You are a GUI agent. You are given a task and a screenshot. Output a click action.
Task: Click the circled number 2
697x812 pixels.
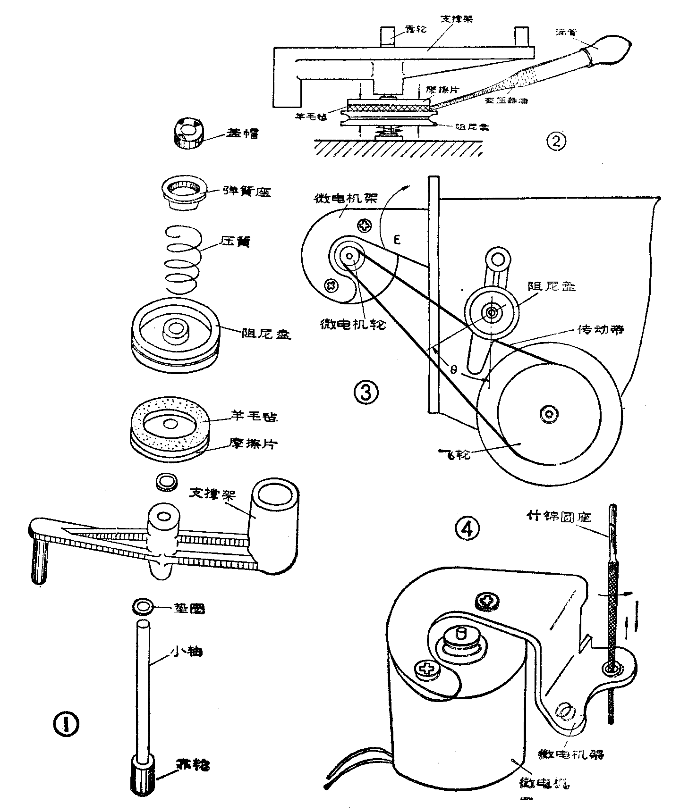(556, 141)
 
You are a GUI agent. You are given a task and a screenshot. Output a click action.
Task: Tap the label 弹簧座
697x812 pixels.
(246, 192)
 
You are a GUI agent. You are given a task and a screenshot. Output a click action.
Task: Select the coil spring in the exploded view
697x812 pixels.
(183, 258)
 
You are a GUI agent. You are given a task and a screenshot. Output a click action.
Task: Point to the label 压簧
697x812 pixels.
(235, 242)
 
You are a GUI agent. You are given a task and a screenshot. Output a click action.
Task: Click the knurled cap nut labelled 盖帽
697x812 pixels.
(189, 133)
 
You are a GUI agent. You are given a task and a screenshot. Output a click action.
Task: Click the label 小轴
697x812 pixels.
(186, 652)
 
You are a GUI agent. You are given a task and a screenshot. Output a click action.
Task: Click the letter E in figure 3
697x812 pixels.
(398, 240)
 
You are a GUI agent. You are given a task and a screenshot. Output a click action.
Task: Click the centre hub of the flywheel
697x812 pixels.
(549, 413)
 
